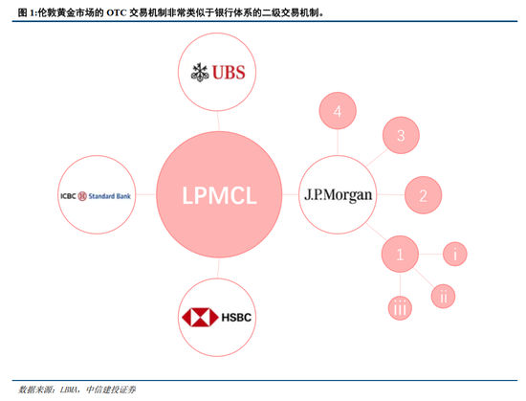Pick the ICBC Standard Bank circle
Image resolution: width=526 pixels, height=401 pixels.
pos(95,195)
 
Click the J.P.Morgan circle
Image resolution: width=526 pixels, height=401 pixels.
pos(340,194)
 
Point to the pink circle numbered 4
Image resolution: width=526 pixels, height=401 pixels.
pos(337,112)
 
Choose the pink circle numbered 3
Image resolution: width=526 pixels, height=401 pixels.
pos(402,135)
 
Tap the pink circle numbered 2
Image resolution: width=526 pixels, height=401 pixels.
pos(423,195)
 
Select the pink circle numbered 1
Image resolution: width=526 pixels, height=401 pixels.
pos(401,255)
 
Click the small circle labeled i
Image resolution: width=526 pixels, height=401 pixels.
pos(457,254)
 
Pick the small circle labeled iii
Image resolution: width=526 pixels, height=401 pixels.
pos(401,307)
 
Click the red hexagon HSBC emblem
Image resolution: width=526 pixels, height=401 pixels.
pos(196,318)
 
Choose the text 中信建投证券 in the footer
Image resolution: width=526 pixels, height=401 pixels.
pos(112,390)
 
